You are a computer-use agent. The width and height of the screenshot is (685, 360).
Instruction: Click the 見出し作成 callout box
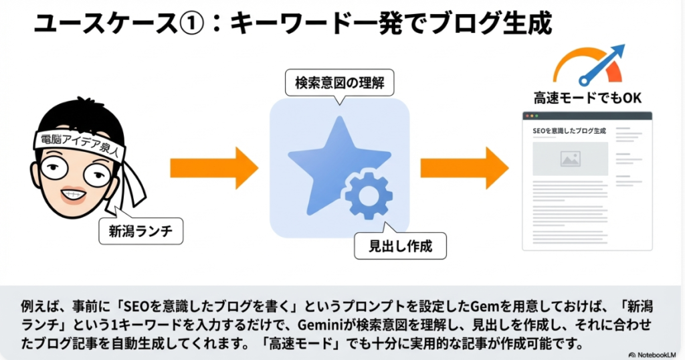400,246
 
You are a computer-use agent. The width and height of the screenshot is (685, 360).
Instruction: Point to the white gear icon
366,194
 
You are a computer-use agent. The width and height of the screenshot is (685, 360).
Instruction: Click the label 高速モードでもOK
587,98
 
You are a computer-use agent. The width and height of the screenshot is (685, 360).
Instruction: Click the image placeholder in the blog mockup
570,159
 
